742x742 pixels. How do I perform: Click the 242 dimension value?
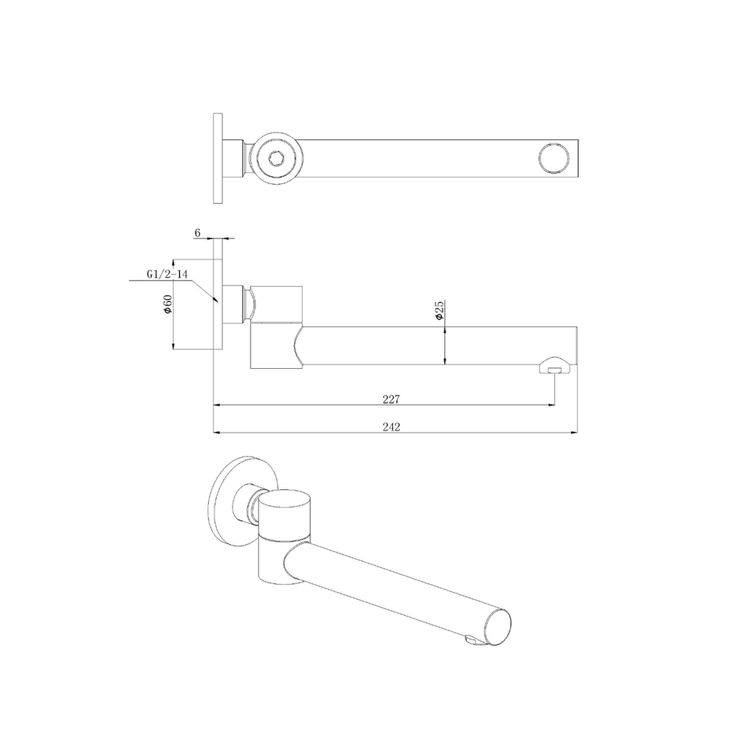pyautogui.click(x=391, y=427)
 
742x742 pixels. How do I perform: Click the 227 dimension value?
pyautogui.click(x=391, y=399)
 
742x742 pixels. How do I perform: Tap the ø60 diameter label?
pyautogui.click(x=167, y=304)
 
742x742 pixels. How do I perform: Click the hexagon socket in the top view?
pyautogui.click(x=276, y=158)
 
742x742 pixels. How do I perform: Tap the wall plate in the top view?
pyautogui.click(x=218, y=158)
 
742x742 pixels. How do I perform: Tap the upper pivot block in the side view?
pyautogui.click(x=278, y=302)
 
